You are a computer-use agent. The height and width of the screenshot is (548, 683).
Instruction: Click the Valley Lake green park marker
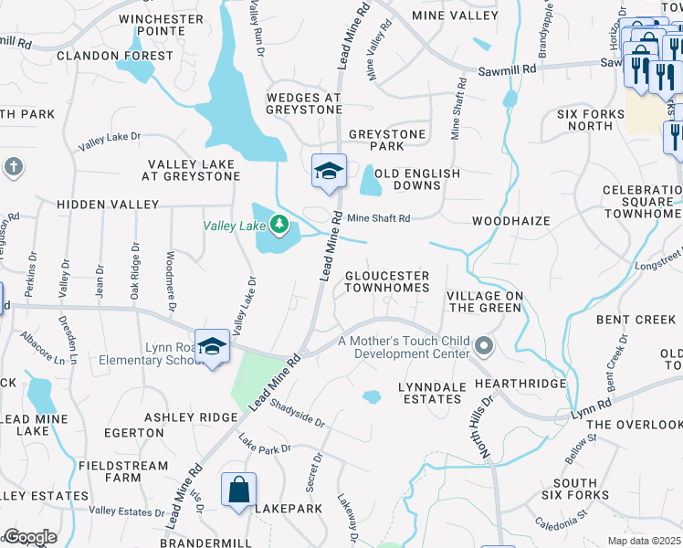(278, 224)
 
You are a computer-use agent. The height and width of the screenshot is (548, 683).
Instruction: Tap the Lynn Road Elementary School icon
(212, 348)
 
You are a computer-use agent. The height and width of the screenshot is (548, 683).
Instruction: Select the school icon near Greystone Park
(329, 172)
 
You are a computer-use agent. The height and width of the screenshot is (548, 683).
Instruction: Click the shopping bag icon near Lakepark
(238, 490)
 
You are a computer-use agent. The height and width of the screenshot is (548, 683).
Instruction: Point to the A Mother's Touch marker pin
(485, 346)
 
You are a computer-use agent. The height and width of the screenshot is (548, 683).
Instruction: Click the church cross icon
(13, 166)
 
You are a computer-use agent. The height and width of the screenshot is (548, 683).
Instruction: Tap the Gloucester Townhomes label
(386, 281)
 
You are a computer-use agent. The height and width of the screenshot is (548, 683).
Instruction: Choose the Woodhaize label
(511, 221)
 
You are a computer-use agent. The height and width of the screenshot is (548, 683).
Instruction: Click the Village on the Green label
(485, 301)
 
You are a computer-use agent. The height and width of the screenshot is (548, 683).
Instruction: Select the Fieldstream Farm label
(124, 471)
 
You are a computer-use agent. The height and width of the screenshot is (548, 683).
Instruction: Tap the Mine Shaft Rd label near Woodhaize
(379, 218)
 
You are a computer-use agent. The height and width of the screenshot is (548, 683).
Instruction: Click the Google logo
(29, 537)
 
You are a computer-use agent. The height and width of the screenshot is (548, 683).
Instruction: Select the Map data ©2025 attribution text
(644, 541)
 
